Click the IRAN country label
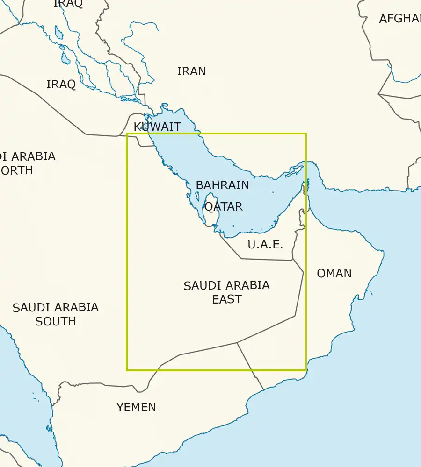click(191, 71)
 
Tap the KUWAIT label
click(157, 127)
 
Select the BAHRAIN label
click(222, 185)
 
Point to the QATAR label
click(224, 206)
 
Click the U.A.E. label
click(265, 244)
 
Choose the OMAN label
click(334, 273)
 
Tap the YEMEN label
click(136, 407)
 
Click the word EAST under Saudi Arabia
click(227, 299)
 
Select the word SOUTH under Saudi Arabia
click(55, 321)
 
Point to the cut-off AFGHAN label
click(400, 19)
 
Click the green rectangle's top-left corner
click(127, 134)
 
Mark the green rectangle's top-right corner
click(306, 134)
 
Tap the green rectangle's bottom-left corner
click(127, 370)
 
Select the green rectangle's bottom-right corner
click(306, 370)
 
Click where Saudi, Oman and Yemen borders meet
click(237, 343)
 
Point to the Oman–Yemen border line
click(250, 367)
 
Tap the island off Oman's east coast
click(371, 293)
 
